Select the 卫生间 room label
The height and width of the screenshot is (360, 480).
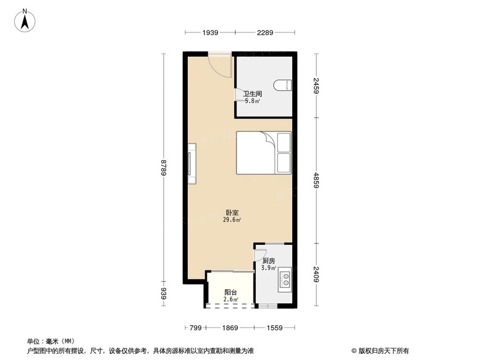coord(252,95)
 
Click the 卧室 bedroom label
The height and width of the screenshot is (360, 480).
coord(232,212)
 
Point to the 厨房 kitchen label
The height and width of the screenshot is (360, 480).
coord(269,261)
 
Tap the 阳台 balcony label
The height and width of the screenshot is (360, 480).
coord(230,292)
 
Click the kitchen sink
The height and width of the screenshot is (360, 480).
coord(285,279)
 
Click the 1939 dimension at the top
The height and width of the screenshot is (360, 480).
coord(210,33)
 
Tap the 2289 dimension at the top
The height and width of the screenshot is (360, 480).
coord(264,33)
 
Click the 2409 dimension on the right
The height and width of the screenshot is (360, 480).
coord(316,273)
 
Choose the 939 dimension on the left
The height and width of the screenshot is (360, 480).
coord(164,294)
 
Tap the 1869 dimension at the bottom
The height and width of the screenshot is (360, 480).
coord(230,328)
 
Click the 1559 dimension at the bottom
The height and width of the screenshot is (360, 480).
coord(275,328)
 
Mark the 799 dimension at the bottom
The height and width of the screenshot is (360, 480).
coord(194,328)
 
